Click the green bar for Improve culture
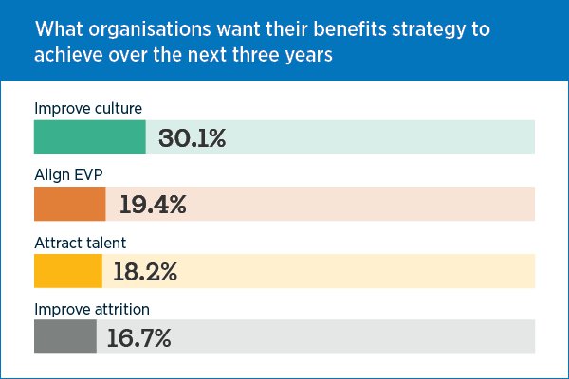point(89,137)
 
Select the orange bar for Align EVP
point(69,204)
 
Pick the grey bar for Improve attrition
point(64,337)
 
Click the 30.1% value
point(193,138)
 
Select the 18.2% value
point(145,272)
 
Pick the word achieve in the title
point(67,53)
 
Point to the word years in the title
point(317,54)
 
